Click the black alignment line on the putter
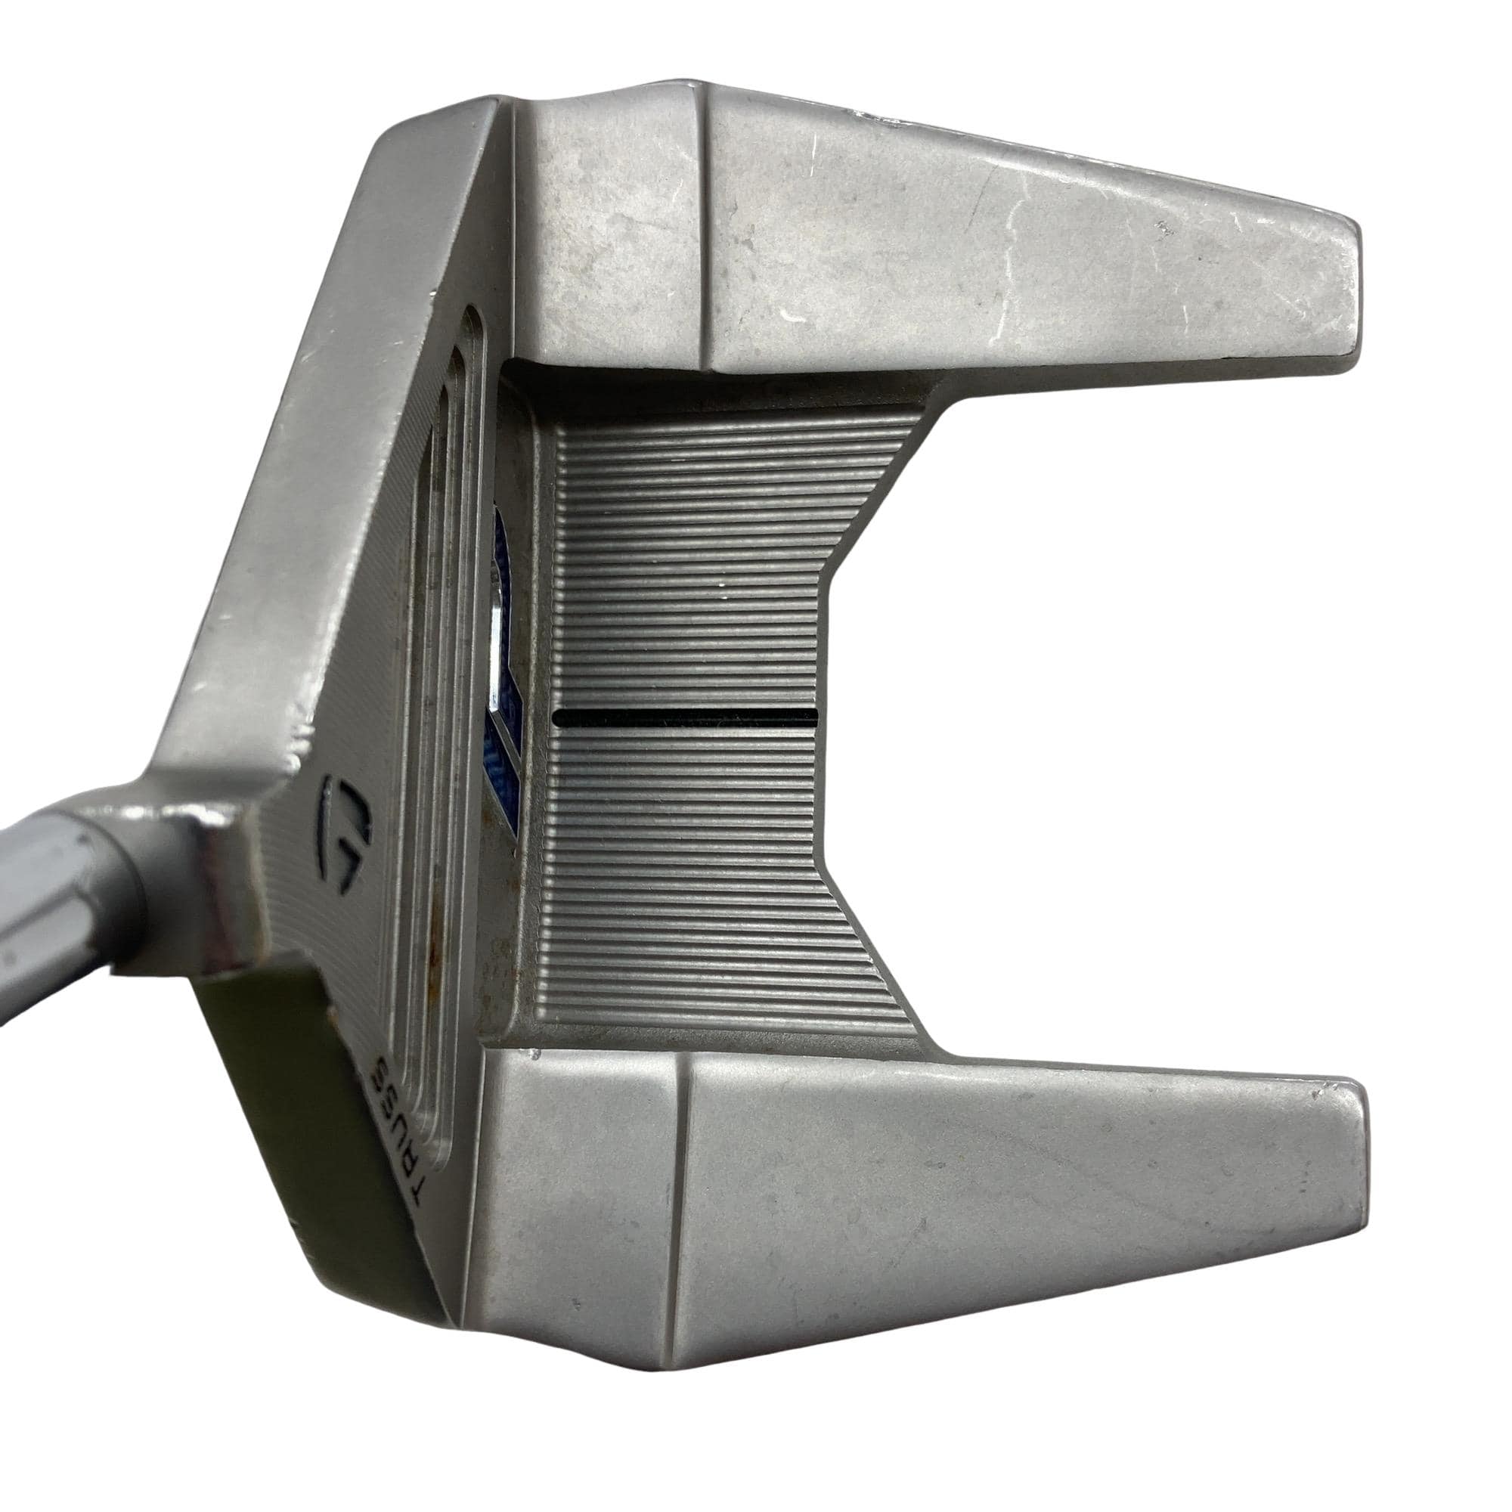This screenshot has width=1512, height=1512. coord(685,714)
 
